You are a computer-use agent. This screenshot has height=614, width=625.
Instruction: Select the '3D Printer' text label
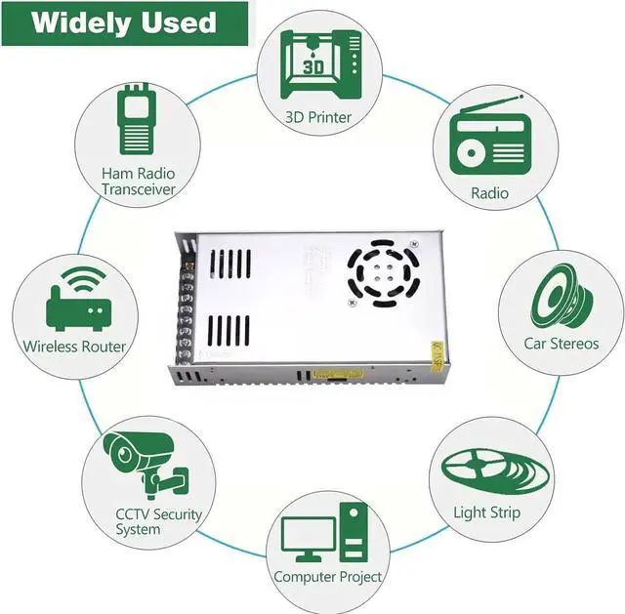pyautogui.click(x=318, y=117)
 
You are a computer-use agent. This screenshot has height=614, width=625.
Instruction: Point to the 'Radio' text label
pyautogui.click(x=490, y=193)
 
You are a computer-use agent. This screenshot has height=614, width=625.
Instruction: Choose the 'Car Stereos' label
pyautogui.click(x=561, y=344)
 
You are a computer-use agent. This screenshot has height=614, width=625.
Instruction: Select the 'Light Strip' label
pyautogui.click(x=487, y=512)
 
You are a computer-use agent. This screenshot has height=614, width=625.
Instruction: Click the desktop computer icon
pyautogui.click(x=325, y=534)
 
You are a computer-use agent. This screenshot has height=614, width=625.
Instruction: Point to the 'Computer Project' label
pyautogui.click(x=327, y=577)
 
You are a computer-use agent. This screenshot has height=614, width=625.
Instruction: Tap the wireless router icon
pyautogui.click(x=76, y=304)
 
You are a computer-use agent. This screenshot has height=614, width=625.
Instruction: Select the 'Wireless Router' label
pyautogui.click(x=75, y=347)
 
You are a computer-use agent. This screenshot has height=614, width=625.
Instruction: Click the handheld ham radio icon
pyautogui.click(x=137, y=122)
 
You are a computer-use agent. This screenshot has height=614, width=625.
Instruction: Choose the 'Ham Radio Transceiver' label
pyautogui.click(x=139, y=181)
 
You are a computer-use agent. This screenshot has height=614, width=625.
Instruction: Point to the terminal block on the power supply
pyautogui.click(x=181, y=307)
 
